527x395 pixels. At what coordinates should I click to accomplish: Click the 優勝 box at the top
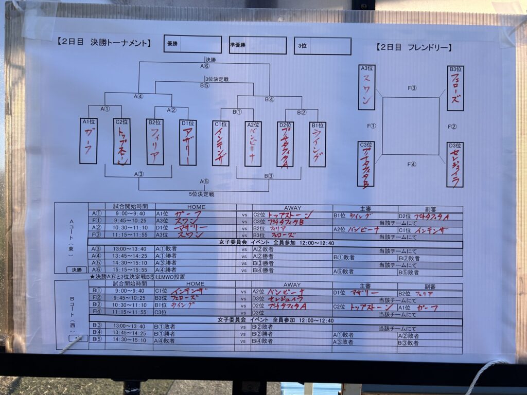(x=192, y=45)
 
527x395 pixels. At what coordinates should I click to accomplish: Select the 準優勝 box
(x=257, y=45)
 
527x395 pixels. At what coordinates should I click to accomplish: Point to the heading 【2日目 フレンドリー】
(x=414, y=47)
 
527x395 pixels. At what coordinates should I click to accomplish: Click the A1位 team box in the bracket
(x=88, y=141)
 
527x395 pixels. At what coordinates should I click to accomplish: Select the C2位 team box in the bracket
(x=121, y=141)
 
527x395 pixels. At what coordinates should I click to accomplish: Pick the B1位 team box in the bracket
(x=317, y=145)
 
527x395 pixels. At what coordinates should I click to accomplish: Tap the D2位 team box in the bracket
(x=285, y=145)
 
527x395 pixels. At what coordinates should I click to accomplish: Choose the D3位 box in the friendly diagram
(x=455, y=165)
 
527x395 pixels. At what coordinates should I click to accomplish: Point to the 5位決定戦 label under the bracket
(x=201, y=194)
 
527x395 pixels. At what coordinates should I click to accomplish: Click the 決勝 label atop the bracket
(x=210, y=60)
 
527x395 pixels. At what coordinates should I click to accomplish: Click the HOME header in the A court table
(x=196, y=207)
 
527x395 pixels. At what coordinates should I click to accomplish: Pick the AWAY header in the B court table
(x=292, y=284)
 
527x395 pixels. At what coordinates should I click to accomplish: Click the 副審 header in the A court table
(x=429, y=209)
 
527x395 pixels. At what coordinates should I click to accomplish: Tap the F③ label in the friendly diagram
(x=412, y=88)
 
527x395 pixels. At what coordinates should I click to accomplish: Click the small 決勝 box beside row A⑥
(x=77, y=270)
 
